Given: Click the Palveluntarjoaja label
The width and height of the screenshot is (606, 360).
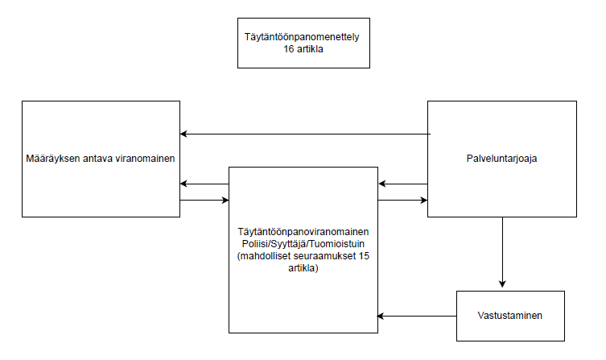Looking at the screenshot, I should tap(501, 159).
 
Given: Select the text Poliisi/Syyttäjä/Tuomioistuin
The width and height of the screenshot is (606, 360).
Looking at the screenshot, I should tap(303, 242).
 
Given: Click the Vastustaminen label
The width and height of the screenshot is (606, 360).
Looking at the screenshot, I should tap(509, 315).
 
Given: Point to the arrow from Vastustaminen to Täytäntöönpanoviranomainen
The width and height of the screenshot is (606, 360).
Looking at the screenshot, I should tap(418, 315).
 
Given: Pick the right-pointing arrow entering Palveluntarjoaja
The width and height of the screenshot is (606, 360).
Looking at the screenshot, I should tap(402, 200).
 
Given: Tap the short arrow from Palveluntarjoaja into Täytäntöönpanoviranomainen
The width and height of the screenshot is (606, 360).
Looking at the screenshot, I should tap(402, 184).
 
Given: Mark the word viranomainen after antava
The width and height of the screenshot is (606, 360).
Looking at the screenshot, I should tap(148, 159).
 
